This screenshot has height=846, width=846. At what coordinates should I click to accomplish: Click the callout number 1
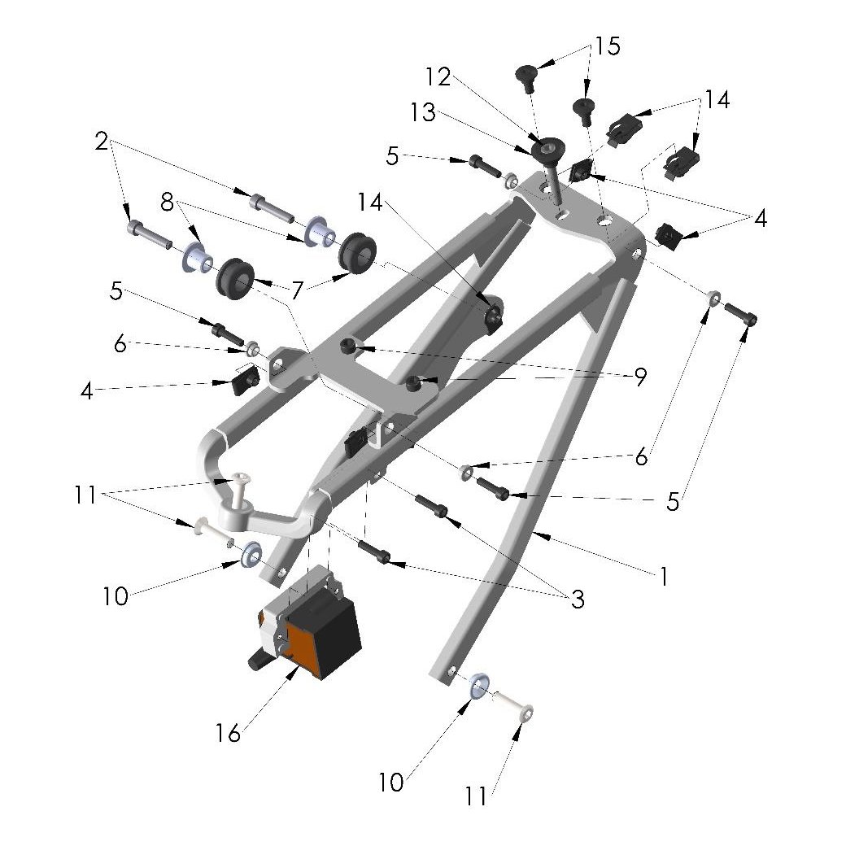click(664, 577)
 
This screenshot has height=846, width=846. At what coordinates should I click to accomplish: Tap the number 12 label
click(437, 76)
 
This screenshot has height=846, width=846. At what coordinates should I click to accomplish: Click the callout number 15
click(606, 46)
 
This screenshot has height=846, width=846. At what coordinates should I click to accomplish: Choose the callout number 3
click(578, 600)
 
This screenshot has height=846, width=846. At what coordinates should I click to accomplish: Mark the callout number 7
click(296, 290)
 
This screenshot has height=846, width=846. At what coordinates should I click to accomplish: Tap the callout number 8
click(167, 202)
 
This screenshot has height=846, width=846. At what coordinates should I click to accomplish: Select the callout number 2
click(101, 142)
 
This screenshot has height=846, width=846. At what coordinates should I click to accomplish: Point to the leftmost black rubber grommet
click(233, 277)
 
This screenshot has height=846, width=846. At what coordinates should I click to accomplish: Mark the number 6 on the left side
click(120, 345)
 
